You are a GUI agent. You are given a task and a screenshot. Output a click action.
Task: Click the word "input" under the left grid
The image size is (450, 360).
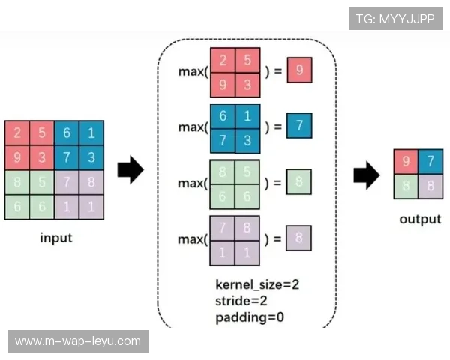[x=55, y=238]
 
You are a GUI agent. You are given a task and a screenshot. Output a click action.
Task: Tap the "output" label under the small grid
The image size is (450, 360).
[x=419, y=219]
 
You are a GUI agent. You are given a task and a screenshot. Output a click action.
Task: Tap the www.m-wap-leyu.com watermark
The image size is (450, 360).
[x=78, y=341]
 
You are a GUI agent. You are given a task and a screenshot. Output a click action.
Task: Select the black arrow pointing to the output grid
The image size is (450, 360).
[x=366, y=176]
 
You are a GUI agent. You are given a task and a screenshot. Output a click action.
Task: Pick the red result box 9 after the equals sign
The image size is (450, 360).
[x=299, y=71]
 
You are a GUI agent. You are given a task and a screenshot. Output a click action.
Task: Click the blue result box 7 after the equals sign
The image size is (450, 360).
[x=299, y=126]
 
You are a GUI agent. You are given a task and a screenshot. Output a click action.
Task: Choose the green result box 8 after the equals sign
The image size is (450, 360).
[x=299, y=182]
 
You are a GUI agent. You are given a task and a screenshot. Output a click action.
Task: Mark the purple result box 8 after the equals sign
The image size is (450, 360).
[x=299, y=238]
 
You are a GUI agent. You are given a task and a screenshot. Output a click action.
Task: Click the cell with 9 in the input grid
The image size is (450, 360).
[x=16, y=157]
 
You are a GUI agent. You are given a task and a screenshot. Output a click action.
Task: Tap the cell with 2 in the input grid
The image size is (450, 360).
[x=16, y=133]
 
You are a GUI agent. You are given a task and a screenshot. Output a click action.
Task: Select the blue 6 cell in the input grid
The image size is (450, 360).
[x=66, y=133]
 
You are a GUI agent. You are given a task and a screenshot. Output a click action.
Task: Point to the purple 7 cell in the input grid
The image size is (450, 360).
[x=66, y=182]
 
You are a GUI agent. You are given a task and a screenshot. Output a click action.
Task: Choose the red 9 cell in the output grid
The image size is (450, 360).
[x=406, y=160]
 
